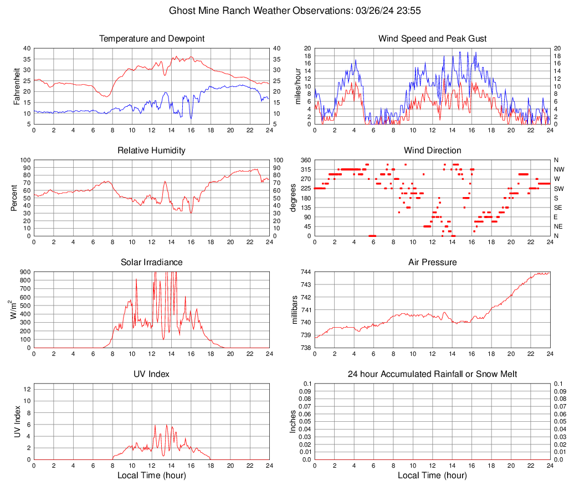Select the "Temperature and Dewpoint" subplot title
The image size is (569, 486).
click(x=152, y=39)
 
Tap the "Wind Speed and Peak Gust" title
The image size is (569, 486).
click(x=432, y=39)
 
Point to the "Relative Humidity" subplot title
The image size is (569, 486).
click(x=152, y=151)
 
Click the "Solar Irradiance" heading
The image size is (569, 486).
click(x=152, y=262)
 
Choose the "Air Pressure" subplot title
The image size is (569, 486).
click(x=432, y=262)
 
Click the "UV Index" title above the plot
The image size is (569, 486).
click(x=152, y=374)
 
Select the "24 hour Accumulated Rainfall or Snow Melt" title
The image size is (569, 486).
click(x=432, y=374)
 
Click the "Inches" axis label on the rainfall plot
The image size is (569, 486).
click(x=294, y=421)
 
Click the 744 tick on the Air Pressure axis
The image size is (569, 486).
click(x=306, y=272)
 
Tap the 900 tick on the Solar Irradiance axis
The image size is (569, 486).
click(x=24, y=272)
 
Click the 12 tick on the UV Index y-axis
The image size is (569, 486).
click(x=27, y=389)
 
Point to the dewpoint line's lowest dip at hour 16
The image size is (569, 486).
click(x=191, y=118)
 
